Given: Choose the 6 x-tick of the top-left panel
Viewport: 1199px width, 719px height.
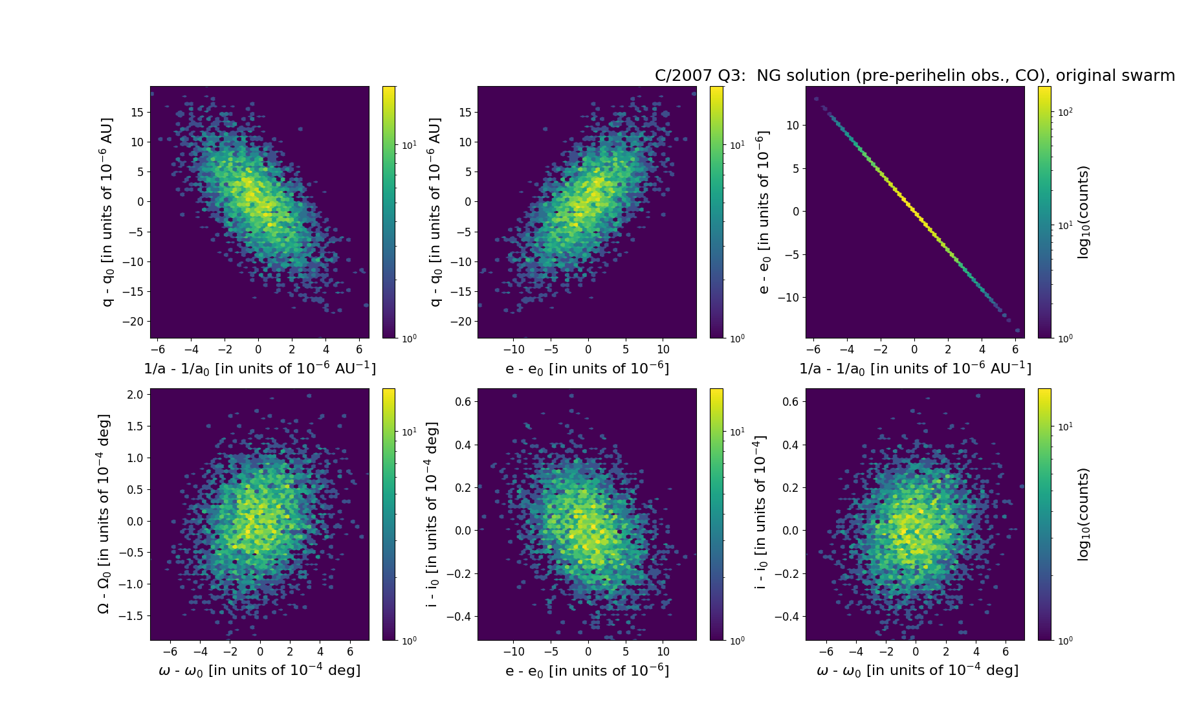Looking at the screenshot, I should (360, 350).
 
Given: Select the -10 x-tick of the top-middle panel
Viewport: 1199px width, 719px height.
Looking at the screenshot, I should (514, 350).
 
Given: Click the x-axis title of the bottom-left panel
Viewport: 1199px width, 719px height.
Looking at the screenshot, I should (259, 670).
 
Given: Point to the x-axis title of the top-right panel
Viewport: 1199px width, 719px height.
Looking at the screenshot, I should (915, 369).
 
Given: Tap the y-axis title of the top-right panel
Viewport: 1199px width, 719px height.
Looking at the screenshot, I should (764, 212).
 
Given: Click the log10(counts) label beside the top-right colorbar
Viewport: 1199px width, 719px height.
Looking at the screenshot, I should (1083, 212).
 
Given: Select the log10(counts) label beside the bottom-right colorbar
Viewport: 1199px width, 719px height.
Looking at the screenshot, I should (1083, 514).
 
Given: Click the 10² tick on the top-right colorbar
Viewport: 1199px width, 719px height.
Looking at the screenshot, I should (1065, 112).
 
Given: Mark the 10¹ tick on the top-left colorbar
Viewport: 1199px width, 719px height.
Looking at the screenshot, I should (409, 145).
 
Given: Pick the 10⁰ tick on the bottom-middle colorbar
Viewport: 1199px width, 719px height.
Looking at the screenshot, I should (737, 640).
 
